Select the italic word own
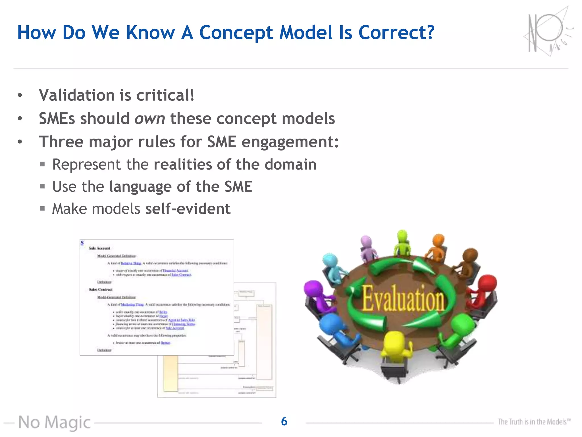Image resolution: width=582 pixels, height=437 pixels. point(149,119)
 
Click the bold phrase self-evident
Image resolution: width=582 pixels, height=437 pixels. point(188,209)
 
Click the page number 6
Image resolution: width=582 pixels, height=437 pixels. point(284,421)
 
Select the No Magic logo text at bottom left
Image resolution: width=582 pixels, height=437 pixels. point(55,422)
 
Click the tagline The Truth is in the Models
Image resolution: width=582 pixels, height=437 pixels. point(534,422)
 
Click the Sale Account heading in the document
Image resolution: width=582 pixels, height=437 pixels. point(99,248)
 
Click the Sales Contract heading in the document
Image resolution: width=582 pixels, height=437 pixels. point(101,290)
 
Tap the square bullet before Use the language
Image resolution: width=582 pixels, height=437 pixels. point(42,187)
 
